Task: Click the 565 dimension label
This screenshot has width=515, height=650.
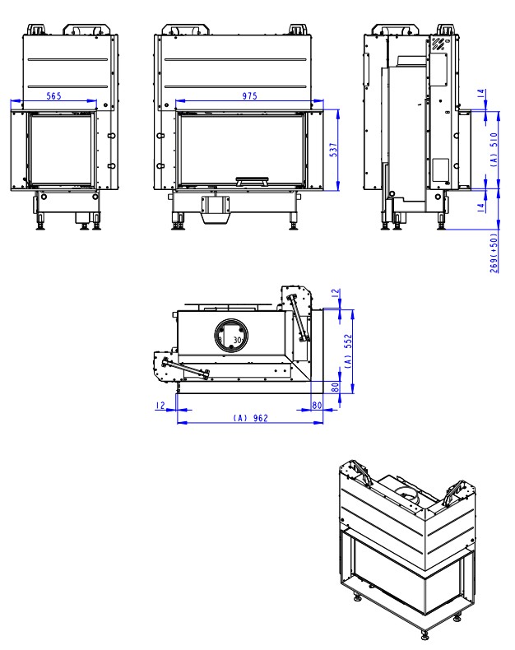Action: point(53,96)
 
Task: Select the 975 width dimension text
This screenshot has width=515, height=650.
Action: point(249,96)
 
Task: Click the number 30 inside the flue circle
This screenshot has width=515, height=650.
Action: point(238,339)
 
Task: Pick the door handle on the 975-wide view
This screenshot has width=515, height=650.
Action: point(252,179)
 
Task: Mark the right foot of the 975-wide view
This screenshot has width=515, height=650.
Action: point(291,221)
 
